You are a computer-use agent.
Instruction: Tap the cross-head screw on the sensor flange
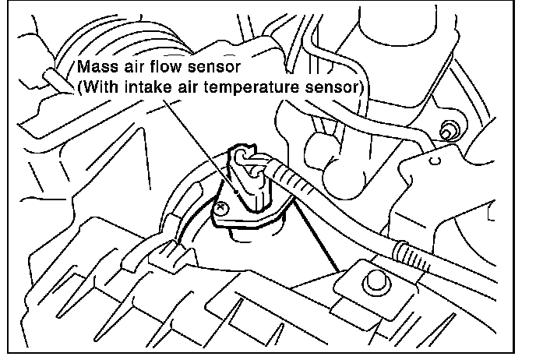pyautogui.click(x=224, y=206)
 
